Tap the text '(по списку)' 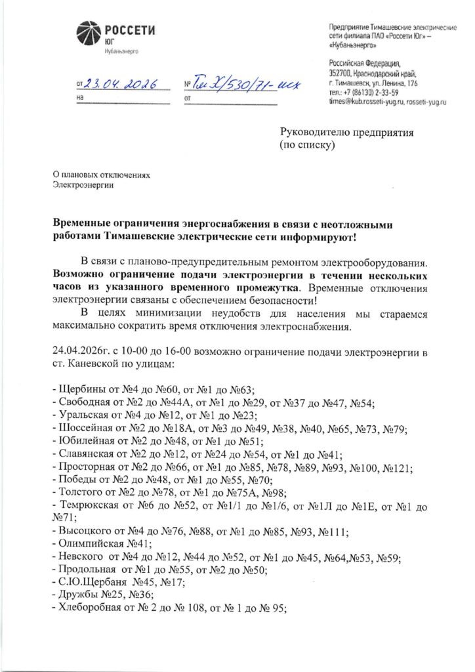pos(308,144)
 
